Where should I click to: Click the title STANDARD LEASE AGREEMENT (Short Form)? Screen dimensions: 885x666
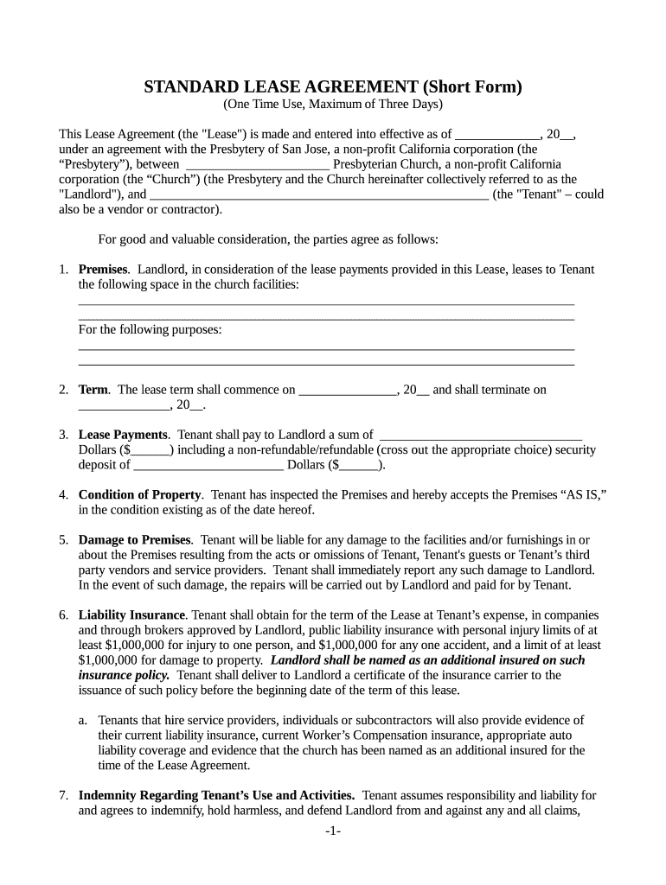[x=333, y=86]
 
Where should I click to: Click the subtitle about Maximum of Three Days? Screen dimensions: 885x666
[x=333, y=105]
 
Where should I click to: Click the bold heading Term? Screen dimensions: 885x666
[x=93, y=390]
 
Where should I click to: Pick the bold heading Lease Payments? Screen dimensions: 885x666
[x=123, y=435]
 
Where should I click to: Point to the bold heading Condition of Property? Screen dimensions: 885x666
[x=141, y=494]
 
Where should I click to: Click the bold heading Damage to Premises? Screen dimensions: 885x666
[x=135, y=539]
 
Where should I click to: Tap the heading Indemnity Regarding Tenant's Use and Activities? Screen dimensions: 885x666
[x=216, y=794]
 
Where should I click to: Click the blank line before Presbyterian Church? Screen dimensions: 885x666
[x=257, y=164]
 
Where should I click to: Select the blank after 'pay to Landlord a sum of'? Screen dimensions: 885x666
[x=481, y=436]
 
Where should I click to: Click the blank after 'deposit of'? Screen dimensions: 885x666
[x=208, y=466]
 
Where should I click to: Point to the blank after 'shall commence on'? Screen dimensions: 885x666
[x=347, y=391]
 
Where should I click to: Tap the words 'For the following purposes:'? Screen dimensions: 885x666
[x=150, y=329]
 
